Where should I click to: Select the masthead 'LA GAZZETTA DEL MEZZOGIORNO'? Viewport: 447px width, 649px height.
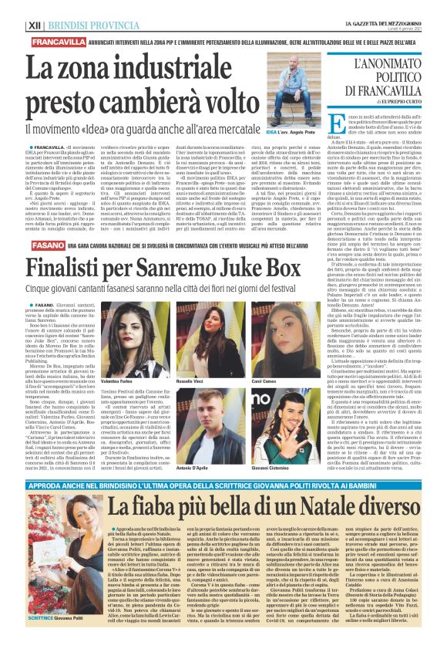[x=388, y=5]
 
